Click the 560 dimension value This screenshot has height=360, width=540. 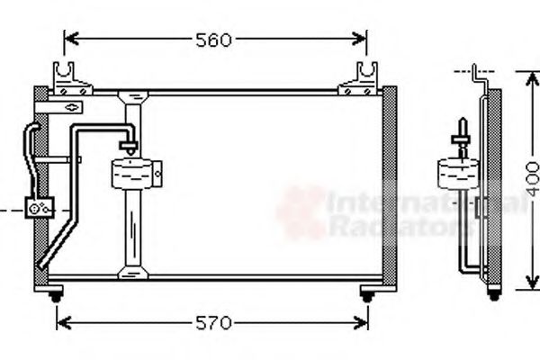click(213, 40)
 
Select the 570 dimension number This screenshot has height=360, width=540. click(213, 322)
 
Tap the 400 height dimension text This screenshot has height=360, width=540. click(531, 179)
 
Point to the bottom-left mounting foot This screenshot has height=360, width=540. click(56, 294)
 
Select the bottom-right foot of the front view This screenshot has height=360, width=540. click(366, 294)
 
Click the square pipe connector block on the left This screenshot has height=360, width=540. click(41, 208)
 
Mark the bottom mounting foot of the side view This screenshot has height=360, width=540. click(493, 294)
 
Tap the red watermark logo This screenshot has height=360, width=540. click(300, 212)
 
